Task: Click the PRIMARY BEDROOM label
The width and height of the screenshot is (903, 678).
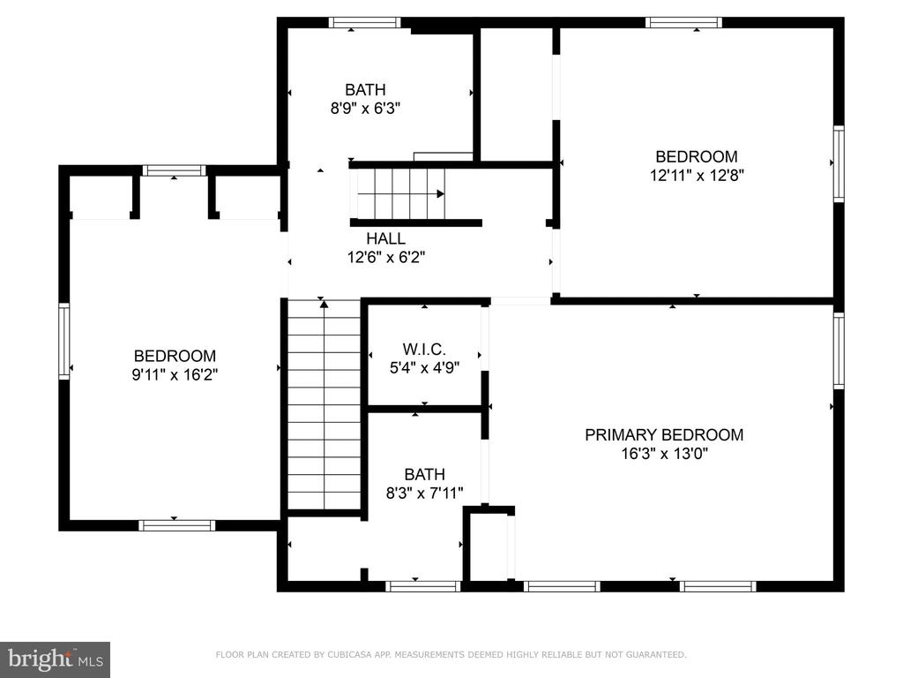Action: tap(664, 434)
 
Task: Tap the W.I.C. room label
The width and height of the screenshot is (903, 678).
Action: tap(424, 349)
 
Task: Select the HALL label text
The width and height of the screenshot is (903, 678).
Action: tap(386, 238)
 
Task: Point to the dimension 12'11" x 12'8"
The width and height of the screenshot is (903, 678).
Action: tap(697, 176)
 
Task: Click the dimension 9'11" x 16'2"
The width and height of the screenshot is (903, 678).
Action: tap(175, 374)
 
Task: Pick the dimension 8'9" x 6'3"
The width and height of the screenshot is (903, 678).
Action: tap(365, 108)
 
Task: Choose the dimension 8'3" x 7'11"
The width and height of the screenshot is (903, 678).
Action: tap(424, 493)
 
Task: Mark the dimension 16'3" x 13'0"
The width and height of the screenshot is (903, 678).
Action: tap(664, 453)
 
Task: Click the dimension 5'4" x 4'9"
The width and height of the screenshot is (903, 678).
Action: tap(424, 367)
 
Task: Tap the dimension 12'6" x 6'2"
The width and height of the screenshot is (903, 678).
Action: tap(386, 257)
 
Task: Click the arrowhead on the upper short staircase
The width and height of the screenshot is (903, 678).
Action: tap(441, 193)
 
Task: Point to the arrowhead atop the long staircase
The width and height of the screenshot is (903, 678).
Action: tap(325, 304)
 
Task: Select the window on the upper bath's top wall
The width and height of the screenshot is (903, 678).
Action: tap(364, 22)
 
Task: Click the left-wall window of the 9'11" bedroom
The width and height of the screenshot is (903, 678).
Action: tap(63, 342)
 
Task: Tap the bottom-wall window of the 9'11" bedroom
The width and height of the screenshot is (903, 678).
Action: tap(176, 525)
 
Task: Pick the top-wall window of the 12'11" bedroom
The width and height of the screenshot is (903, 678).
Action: tap(683, 22)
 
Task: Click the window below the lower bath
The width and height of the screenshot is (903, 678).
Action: tap(422, 586)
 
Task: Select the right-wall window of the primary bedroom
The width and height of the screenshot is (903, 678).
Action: tap(840, 351)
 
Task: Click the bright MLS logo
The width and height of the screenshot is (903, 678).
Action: tap(56, 659)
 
